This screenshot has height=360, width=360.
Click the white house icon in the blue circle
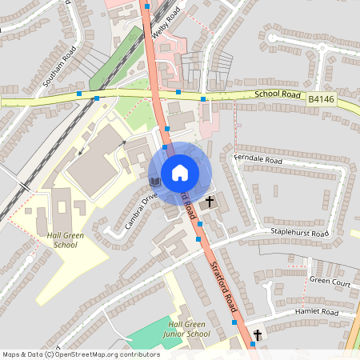coord(180,173)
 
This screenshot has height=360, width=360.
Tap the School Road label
coord(278,94)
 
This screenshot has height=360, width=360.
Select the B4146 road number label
coord(321,99)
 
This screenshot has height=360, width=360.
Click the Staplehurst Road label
coord(300,233)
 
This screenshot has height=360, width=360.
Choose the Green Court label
coord(330,282)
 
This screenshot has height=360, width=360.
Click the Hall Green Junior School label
coord(185,329)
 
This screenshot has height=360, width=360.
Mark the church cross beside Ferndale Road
coord(210,202)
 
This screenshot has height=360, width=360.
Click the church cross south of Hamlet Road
coord(258,334)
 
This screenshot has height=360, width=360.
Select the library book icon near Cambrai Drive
coord(155,182)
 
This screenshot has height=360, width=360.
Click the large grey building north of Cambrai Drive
coord(96,164)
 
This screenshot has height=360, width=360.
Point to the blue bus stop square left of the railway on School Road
coord(79,94)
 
